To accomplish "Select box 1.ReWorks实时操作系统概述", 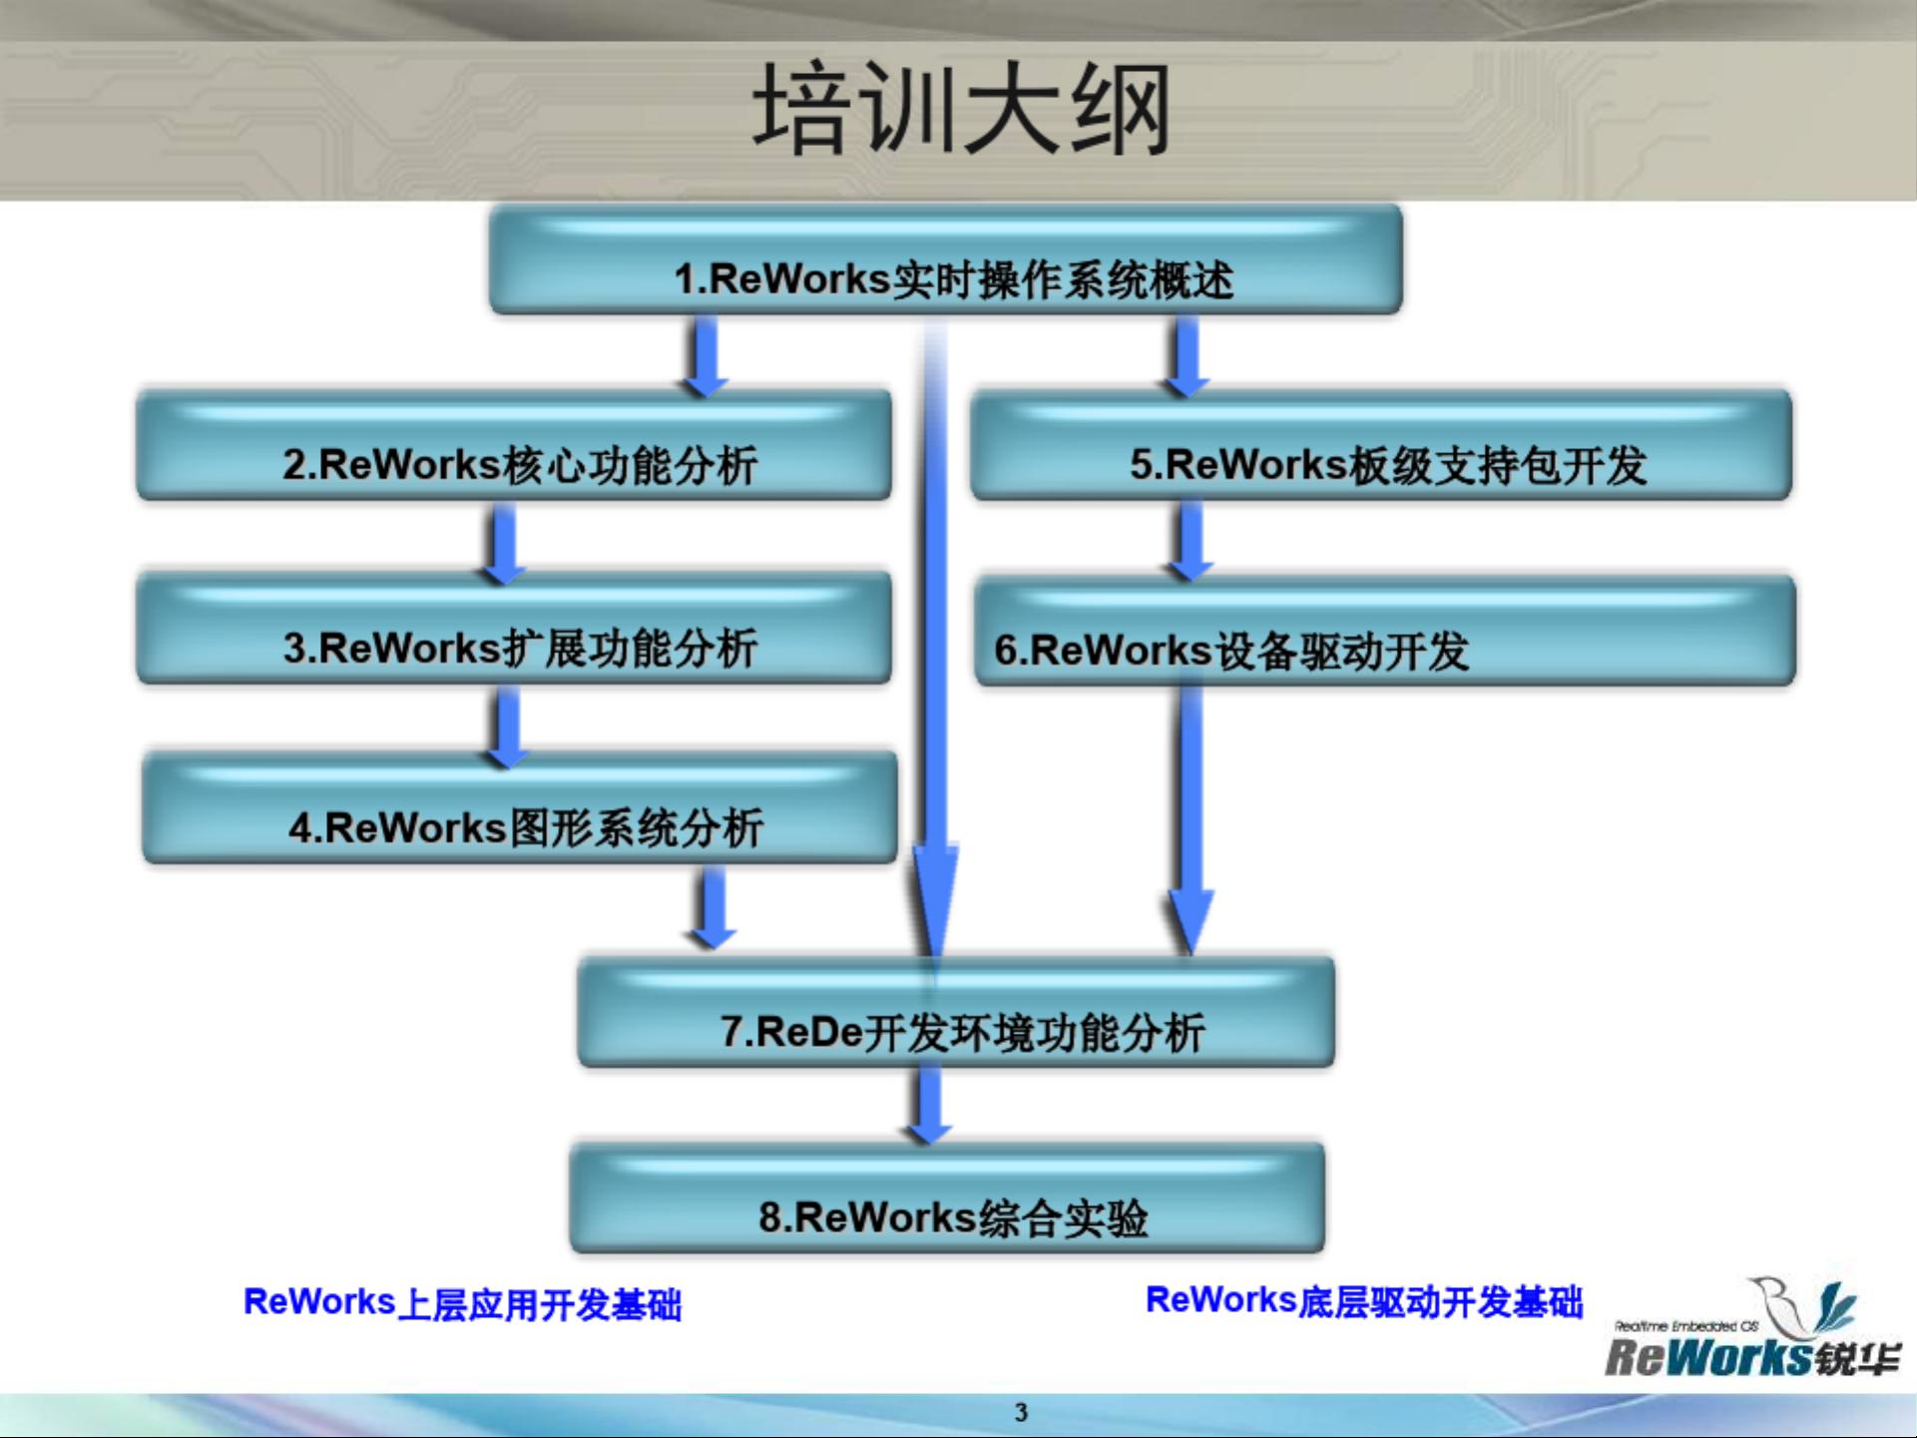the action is tap(945, 259).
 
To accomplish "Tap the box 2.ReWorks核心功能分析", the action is tap(514, 445).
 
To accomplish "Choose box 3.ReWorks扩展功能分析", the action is tap(514, 628).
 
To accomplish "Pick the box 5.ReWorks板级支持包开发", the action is tap(1381, 445).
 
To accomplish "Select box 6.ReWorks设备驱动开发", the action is tap(1385, 631).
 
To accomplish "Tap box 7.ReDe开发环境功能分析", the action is tap(956, 1012).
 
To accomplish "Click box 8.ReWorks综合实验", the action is tap(947, 1198).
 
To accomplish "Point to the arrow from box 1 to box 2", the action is tap(706, 355).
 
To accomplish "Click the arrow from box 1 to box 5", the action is tap(1187, 355).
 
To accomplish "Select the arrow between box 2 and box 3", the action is tap(504, 543).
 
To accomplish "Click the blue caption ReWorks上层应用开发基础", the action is tap(463, 1303).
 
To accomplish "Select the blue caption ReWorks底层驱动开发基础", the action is tap(1364, 1301).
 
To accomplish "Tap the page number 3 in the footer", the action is tap(1021, 1412).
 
